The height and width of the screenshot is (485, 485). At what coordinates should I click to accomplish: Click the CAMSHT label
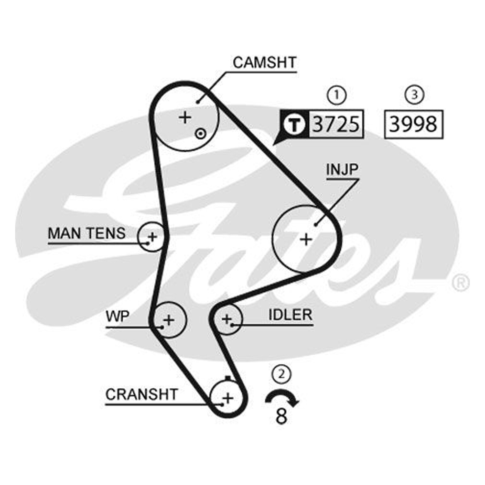[264, 63]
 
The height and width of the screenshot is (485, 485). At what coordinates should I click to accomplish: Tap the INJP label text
[342, 170]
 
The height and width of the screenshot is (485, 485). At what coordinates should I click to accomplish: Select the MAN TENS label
[87, 233]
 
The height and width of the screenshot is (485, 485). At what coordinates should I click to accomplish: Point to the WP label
[118, 316]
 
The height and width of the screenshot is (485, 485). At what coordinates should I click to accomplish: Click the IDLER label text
[290, 315]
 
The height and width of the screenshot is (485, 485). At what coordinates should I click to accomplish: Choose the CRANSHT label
[141, 394]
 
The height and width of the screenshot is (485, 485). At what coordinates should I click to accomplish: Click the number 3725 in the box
[336, 124]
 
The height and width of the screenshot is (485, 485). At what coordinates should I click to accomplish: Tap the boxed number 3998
[413, 124]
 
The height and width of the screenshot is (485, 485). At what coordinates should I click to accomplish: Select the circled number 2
[282, 374]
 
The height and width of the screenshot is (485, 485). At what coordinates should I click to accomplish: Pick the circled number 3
[414, 95]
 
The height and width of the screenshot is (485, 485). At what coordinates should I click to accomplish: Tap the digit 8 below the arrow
[281, 416]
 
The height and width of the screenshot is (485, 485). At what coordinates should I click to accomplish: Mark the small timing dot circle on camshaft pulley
[201, 134]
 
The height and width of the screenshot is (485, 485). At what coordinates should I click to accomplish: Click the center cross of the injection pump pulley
[306, 240]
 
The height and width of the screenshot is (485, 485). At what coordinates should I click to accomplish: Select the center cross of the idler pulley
[226, 319]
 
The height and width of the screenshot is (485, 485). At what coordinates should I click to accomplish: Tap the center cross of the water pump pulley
[169, 320]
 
